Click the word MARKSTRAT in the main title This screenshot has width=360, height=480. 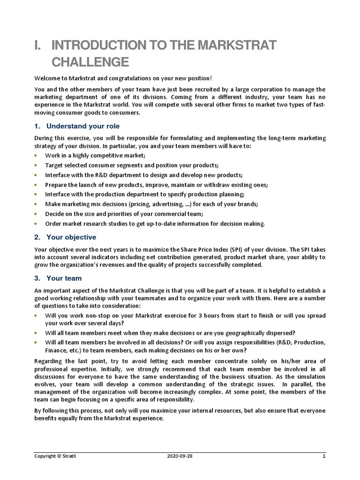pos(237,45)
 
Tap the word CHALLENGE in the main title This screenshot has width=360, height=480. pos(90,62)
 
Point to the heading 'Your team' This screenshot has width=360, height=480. pos(64,278)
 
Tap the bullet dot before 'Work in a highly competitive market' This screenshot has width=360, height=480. pos(37,155)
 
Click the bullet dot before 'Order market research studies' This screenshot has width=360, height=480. pos(37,224)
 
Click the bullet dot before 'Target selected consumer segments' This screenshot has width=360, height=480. pos(37,165)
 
